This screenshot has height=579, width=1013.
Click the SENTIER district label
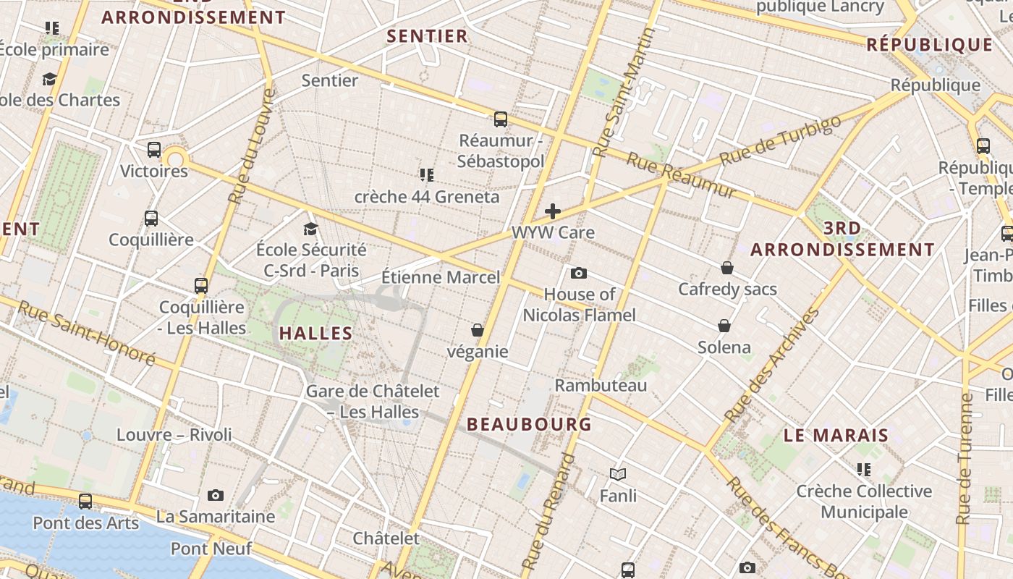coord(427,36)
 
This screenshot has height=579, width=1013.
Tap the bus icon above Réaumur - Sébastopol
coord(500,119)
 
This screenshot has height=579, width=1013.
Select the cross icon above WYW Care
coord(553,211)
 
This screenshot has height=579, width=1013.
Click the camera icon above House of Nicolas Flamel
coord(578,273)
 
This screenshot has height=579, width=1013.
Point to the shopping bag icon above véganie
coord(478,330)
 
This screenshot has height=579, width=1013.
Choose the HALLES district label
coord(315,334)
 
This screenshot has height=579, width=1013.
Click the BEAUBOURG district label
coord(529,424)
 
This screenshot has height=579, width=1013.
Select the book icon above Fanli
coord(617,474)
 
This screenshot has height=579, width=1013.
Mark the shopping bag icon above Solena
coord(724,326)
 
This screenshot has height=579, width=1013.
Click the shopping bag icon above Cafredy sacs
coord(727,268)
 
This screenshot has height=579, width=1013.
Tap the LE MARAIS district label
coord(836,436)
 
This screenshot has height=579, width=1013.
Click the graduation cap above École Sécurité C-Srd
coord(311,229)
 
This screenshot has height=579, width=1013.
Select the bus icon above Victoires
coord(153,150)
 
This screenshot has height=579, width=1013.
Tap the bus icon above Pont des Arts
coord(85,501)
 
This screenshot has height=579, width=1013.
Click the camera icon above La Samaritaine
coord(215,496)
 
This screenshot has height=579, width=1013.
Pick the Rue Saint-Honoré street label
coord(86,334)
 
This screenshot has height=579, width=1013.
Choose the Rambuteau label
coord(601,385)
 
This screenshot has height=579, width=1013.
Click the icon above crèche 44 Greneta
coord(426,174)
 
